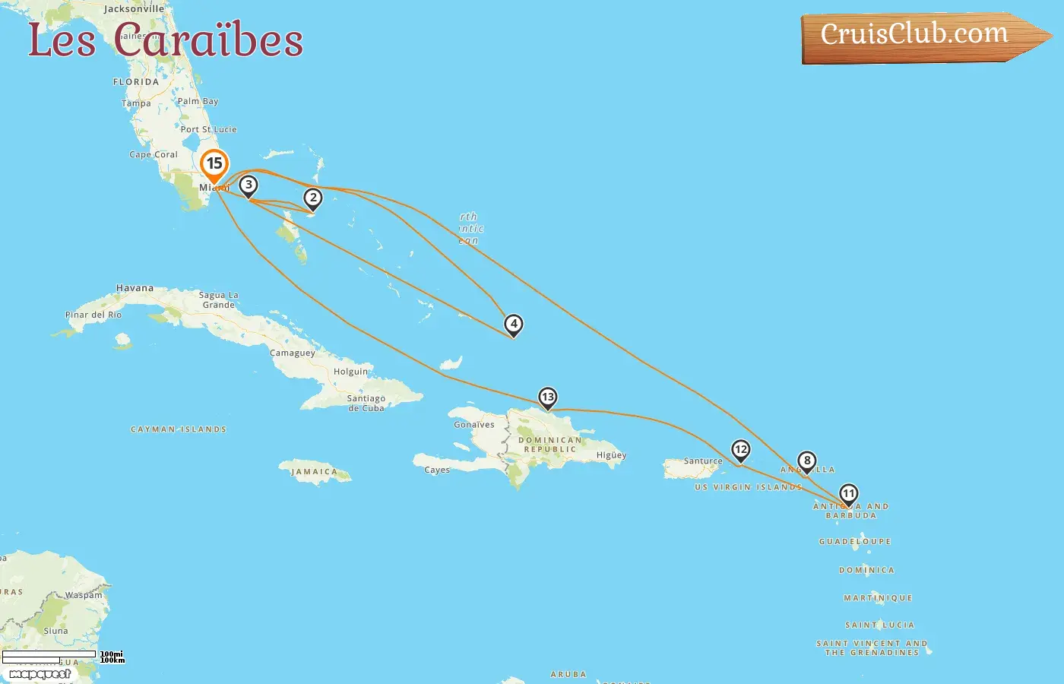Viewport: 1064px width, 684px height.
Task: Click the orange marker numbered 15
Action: click(x=214, y=164)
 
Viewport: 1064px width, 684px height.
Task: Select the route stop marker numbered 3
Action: click(x=248, y=185)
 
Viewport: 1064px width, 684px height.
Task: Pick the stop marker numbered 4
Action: click(x=514, y=325)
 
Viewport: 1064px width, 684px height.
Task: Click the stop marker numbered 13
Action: click(x=547, y=397)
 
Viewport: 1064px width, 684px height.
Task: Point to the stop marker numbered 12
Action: click(x=740, y=450)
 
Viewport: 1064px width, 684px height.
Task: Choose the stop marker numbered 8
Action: click(x=806, y=461)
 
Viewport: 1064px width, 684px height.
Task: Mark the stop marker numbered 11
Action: click(x=848, y=494)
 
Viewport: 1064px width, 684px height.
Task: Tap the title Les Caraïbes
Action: click(x=166, y=40)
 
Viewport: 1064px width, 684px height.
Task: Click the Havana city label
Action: click(x=135, y=288)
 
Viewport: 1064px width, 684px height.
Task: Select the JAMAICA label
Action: click(x=314, y=472)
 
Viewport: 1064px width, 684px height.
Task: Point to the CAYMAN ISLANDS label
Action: click(x=179, y=429)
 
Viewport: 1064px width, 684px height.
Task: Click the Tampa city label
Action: click(x=136, y=103)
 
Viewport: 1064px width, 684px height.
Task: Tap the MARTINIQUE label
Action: click(x=878, y=598)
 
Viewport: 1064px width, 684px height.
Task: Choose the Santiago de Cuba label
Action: click(x=366, y=403)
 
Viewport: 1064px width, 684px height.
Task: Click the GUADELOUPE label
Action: click(x=855, y=542)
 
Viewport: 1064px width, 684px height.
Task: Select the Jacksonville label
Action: click(x=134, y=9)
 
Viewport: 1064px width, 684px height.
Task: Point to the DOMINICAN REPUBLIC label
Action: click(x=550, y=445)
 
